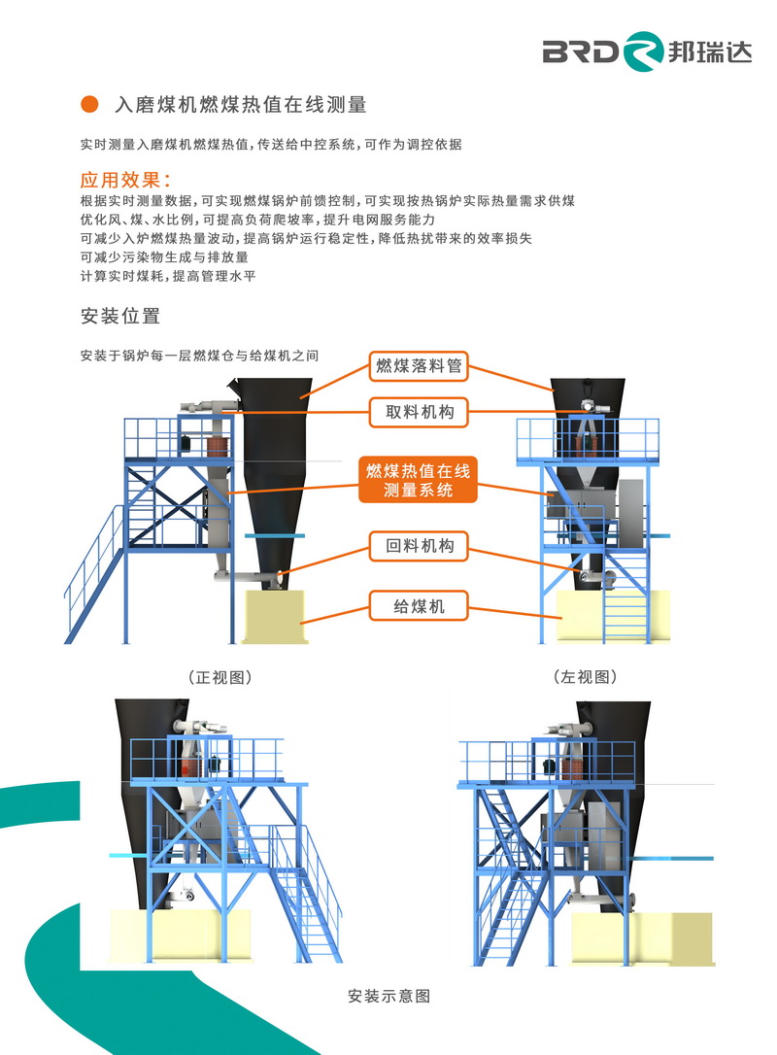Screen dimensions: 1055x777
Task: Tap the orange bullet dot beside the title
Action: pyautogui.click(x=89, y=104)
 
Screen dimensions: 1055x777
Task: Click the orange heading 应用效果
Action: pyautogui.click(x=124, y=181)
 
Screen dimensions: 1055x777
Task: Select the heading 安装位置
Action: pyautogui.click(x=120, y=316)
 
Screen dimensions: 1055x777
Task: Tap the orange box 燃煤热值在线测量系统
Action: pyautogui.click(x=418, y=480)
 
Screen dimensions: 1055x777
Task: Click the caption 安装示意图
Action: pyautogui.click(x=388, y=996)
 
